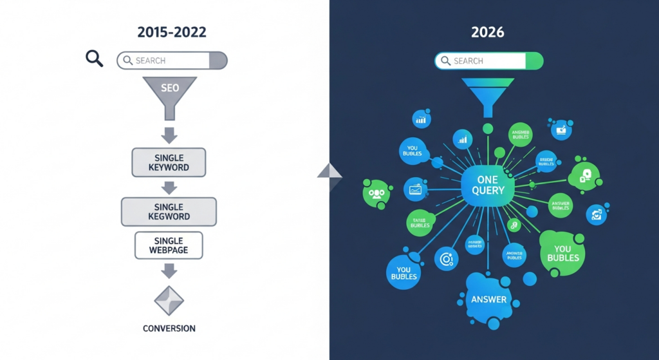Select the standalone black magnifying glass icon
pos(95,59)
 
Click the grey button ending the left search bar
pos(218,61)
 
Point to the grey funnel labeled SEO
pos(169,93)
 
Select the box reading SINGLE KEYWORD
pos(169,162)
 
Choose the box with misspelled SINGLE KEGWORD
pos(169,211)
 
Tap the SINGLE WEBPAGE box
pos(169,245)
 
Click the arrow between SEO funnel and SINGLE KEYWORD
pos(169,135)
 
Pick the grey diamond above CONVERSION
pos(169,300)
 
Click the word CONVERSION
pos(169,328)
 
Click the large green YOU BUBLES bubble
pos(562,253)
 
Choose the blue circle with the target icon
pos(445,259)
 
